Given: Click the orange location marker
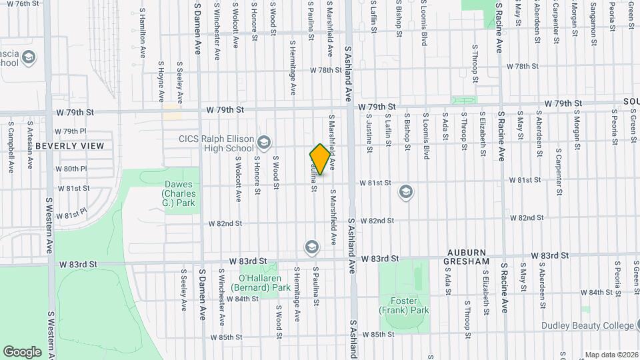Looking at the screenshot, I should (x=320, y=159).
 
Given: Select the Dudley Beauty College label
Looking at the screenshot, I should (x=589, y=326).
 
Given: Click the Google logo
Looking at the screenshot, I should (x=22, y=351).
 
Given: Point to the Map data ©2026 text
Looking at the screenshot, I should (x=611, y=355).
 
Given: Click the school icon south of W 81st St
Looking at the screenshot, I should (x=405, y=193).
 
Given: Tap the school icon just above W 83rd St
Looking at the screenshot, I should (x=311, y=247).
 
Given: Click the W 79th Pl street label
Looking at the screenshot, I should (x=71, y=131).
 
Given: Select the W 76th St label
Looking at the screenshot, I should (x=17, y=4).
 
